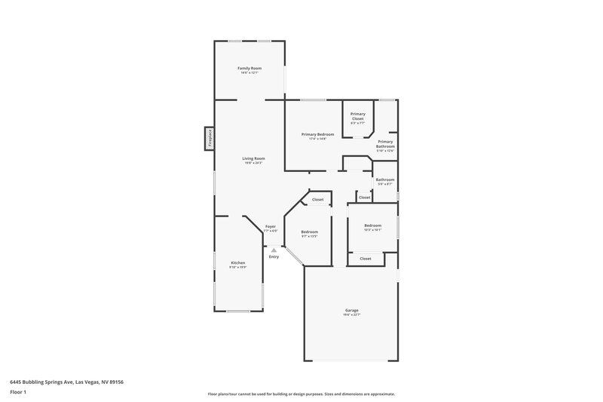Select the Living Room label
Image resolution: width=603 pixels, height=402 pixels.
(x=253, y=160)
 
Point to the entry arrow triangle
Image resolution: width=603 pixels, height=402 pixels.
(x=274, y=250)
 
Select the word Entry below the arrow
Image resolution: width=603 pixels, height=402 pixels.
(x=274, y=257)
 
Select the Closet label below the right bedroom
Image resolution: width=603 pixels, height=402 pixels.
(x=366, y=259)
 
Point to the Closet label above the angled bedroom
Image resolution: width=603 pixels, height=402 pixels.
(x=318, y=200)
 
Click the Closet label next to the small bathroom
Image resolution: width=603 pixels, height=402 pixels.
(x=364, y=198)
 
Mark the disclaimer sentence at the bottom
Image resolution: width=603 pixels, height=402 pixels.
(x=301, y=394)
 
